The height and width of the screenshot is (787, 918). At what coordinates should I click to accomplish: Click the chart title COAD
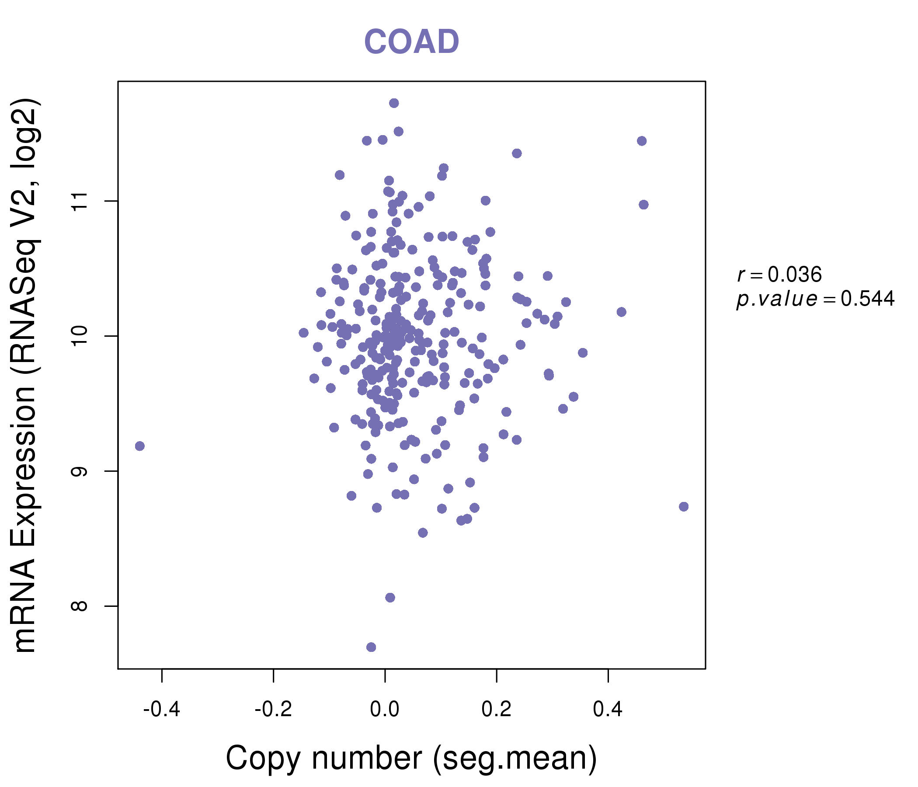(x=411, y=42)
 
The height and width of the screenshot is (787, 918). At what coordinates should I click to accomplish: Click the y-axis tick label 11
(x=80, y=201)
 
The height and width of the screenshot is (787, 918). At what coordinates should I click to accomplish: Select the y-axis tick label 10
(x=80, y=336)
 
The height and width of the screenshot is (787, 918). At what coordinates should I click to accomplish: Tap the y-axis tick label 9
(x=80, y=471)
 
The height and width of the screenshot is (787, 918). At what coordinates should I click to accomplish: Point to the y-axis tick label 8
(x=80, y=606)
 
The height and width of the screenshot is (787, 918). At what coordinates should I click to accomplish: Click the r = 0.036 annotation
(x=779, y=275)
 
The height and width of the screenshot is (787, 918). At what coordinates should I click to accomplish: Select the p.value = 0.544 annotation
(x=815, y=299)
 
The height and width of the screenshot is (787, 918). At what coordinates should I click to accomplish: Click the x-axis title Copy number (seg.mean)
(x=411, y=758)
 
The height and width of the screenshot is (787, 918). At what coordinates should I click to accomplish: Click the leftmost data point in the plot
(x=139, y=446)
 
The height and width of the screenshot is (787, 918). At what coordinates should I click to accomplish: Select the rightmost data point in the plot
(x=684, y=506)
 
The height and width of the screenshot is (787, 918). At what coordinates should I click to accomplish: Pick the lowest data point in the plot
(x=371, y=647)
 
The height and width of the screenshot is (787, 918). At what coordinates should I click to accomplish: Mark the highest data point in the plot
(x=394, y=103)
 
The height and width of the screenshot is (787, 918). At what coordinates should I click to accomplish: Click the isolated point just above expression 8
(x=390, y=597)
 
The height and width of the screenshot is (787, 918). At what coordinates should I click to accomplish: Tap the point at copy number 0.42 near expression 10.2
(x=621, y=312)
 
